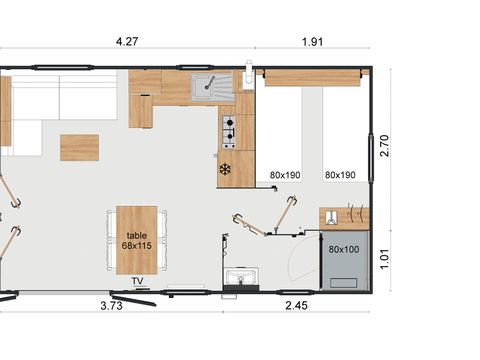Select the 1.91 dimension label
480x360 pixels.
[312, 41]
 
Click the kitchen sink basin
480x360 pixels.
[206, 84]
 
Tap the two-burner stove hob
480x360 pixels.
[228, 128]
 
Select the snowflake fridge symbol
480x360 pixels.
[225, 169]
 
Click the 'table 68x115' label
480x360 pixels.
[136, 241]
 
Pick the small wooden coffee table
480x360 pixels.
[79, 147]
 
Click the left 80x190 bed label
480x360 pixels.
[285, 175]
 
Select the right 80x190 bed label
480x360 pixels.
[340, 175]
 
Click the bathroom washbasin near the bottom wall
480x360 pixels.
[241, 276]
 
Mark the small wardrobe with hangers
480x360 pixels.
[344, 217]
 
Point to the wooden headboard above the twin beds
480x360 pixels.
[313, 78]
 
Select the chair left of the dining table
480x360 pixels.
[109, 240]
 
